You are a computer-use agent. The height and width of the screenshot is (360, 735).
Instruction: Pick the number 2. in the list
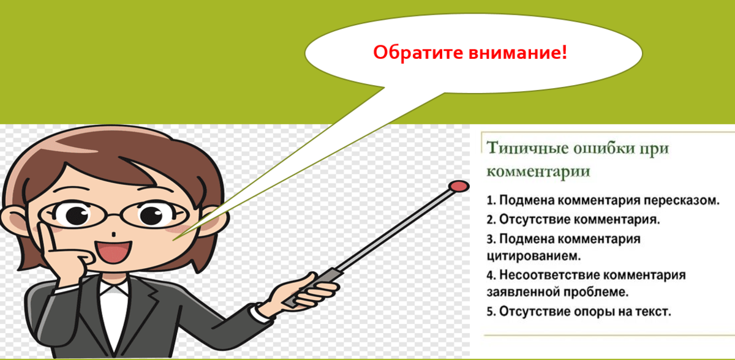click(491, 218)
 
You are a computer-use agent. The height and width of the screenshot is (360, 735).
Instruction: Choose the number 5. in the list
click(491, 311)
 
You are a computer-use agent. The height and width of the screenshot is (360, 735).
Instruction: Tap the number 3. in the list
click(491, 238)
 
